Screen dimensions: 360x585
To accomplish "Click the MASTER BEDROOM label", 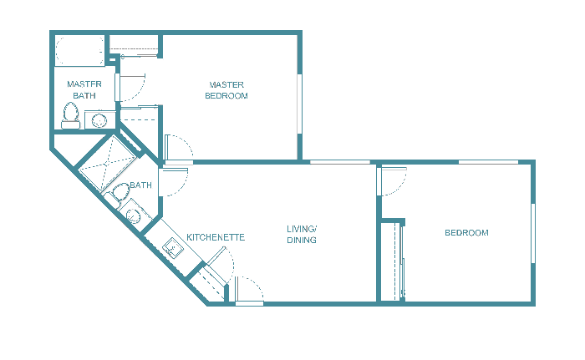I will pyautogui.click(x=228, y=90).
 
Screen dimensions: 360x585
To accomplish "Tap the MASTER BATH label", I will pyautogui.click(x=84, y=90).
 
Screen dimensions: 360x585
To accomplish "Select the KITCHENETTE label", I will pyautogui.click(x=216, y=237).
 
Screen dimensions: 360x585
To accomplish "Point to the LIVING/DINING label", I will pyautogui.click(x=302, y=235).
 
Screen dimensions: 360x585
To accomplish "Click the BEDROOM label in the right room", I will pyautogui.click(x=466, y=232).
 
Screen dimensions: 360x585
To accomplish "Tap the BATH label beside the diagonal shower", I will pyautogui.click(x=140, y=185).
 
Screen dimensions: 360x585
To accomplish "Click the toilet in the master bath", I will pyautogui.click(x=70, y=116).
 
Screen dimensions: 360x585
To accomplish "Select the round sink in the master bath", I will pyautogui.click(x=99, y=120).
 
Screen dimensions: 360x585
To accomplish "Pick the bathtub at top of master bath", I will pyautogui.click(x=79, y=49).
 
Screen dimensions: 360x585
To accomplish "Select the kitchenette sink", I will pyautogui.click(x=174, y=247).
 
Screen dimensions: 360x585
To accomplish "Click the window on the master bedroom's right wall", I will pyautogui.click(x=299, y=104).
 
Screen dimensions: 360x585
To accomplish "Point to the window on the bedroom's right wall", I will pyautogui.click(x=532, y=233).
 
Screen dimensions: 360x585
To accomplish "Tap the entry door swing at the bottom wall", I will pyautogui.click(x=249, y=289).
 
